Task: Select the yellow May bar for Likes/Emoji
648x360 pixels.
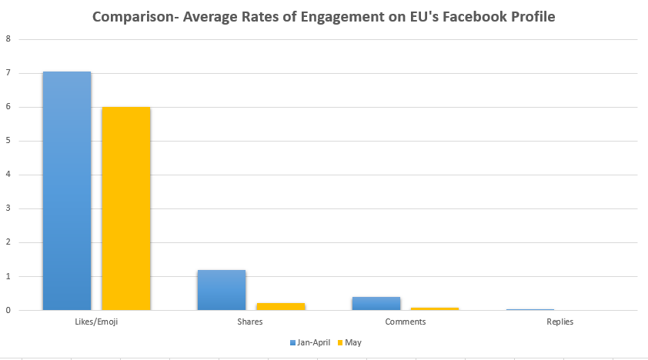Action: (x=126, y=208)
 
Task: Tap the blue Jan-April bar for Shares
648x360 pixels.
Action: (x=222, y=290)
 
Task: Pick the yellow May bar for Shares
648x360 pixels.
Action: (x=281, y=306)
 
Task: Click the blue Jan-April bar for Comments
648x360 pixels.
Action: (x=376, y=303)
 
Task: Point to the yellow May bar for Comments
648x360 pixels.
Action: (x=435, y=308)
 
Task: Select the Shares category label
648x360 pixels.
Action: (x=251, y=322)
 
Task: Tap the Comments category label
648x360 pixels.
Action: (x=406, y=322)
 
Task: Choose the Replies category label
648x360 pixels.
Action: (x=560, y=322)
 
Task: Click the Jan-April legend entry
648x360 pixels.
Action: (x=311, y=342)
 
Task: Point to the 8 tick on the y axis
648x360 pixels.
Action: (x=8, y=39)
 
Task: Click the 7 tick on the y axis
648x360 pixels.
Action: (x=8, y=73)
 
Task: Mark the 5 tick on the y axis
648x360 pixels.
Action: (x=8, y=141)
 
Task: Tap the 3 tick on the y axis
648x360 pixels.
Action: (x=8, y=208)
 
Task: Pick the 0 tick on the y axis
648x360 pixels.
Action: (x=8, y=310)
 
